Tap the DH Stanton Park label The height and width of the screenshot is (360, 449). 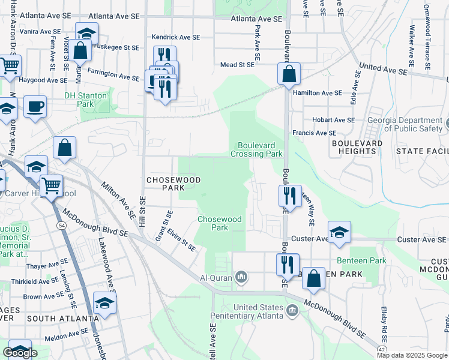coord(86,100)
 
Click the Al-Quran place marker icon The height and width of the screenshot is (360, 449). coord(241,277)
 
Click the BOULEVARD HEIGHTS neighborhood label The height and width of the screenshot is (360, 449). coord(357,147)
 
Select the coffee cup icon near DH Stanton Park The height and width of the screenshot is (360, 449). coord(35,107)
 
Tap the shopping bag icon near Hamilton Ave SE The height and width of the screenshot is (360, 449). coord(289,74)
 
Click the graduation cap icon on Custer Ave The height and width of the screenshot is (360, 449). coord(339,232)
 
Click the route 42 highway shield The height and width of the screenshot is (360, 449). coord(382,349)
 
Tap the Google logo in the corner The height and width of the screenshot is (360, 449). coord(20,353)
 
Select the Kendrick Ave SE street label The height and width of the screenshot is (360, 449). coord(175,37)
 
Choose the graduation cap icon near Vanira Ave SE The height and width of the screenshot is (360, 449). coord(87,34)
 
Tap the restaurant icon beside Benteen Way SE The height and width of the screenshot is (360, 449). coord(289,196)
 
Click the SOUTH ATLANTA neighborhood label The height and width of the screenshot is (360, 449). coord(62,318)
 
